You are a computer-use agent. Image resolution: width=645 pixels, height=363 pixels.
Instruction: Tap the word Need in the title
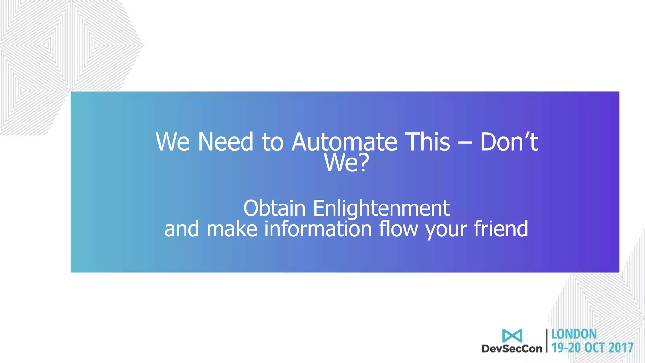(x=225, y=142)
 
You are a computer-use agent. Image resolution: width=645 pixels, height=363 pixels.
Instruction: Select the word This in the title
(x=427, y=142)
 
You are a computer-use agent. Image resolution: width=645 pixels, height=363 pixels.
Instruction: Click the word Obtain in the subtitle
(x=274, y=208)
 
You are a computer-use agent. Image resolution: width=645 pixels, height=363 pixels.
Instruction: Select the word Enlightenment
(x=381, y=208)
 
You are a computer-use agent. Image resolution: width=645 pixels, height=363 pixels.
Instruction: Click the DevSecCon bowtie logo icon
(x=512, y=336)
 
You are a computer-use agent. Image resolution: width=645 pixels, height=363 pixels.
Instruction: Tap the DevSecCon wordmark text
(x=512, y=349)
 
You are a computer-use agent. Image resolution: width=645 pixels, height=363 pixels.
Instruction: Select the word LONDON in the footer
(x=574, y=334)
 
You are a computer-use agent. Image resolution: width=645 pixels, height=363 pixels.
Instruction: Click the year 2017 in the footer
(x=620, y=348)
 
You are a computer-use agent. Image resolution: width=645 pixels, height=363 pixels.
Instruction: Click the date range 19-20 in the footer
(x=566, y=348)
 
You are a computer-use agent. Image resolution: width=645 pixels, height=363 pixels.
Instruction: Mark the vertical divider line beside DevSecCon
(x=547, y=340)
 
